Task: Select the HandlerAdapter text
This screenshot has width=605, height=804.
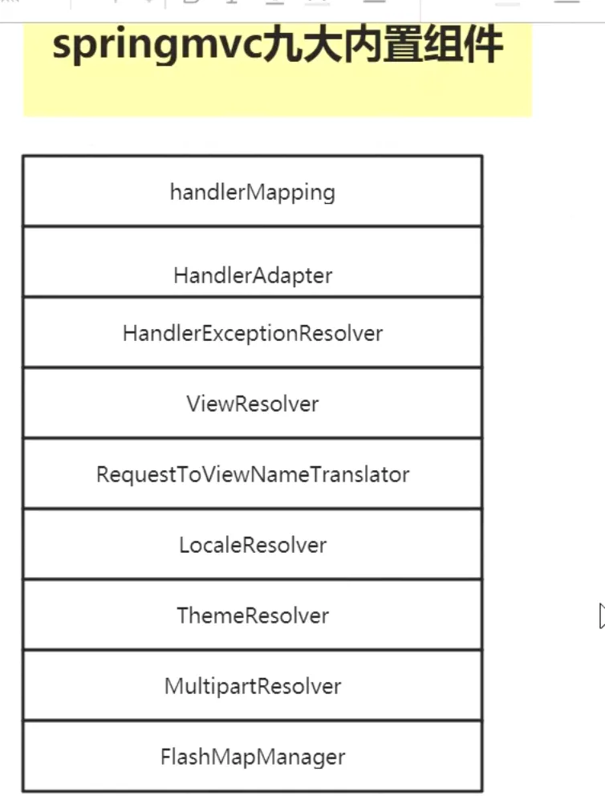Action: point(253,276)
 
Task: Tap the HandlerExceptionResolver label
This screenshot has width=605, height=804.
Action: point(253,334)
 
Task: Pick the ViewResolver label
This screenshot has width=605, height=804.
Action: point(252,404)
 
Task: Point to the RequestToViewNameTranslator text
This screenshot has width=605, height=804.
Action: point(253,474)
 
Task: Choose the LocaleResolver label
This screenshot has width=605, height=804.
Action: point(253,545)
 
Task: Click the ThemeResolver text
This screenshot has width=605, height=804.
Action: point(253,615)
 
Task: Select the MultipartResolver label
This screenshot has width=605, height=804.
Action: point(253,687)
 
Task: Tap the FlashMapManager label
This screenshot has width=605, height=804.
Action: point(253,757)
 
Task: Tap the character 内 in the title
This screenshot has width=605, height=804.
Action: point(363,45)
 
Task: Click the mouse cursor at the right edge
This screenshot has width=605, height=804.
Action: point(602,615)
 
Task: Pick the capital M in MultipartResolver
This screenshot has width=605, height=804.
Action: point(174,685)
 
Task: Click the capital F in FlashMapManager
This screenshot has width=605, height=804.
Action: point(166,757)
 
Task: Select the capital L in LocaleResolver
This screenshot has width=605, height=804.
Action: point(185,545)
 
